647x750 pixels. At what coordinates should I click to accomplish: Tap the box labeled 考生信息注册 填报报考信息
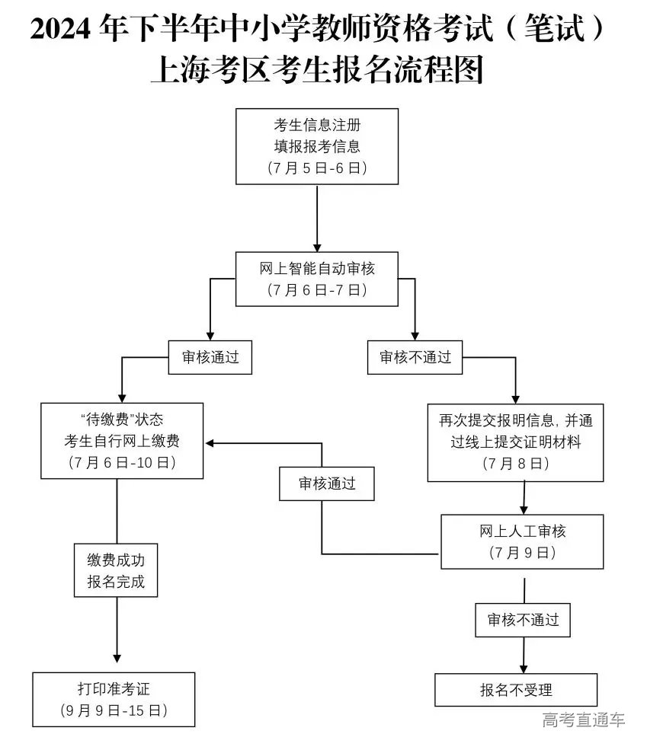click(x=317, y=146)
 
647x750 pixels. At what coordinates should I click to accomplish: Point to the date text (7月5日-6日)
click(x=317, y=168)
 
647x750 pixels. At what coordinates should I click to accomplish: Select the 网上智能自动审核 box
click(x=317, y=279)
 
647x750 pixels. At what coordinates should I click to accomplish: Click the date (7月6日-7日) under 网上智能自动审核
click(x=317, y=290)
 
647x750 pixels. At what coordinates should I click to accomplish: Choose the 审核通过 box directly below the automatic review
click(x=210, y=357)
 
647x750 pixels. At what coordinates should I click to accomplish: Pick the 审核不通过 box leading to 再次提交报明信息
click(x=415, y=357)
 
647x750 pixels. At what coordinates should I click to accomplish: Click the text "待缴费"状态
click(x=122, y=420)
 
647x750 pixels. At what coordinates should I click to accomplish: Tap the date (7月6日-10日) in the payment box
click(x=122, y=462)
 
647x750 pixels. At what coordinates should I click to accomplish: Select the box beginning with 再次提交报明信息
click(x=515, y=442)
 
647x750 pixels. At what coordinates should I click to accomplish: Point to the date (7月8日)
click(x=515, y=463)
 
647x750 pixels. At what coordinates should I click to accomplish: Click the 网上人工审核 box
click(x=522, y=541)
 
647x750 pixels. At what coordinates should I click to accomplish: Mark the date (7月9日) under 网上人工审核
click(x=522, y=554)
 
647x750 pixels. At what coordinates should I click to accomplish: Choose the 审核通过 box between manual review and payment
click(x=326, y=484)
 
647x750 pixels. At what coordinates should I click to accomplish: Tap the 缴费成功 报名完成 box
click(x=116, y=571)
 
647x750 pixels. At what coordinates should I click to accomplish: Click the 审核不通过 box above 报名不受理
click(x=523, y=620)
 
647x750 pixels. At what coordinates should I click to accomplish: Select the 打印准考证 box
click(x=114, y=699)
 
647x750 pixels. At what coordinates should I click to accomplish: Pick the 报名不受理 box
click(x=515, y=690)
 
